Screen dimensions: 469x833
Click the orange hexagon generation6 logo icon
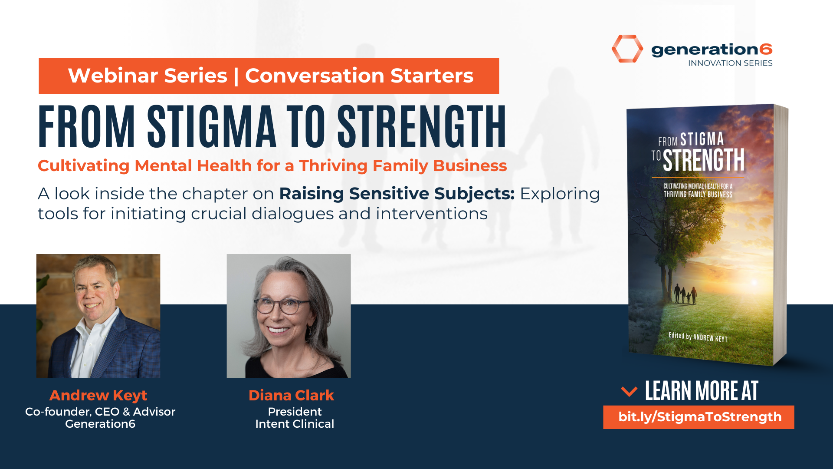627,49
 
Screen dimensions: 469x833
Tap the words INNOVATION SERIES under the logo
730,63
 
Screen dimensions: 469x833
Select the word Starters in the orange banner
432,76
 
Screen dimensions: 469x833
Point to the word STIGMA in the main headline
212,126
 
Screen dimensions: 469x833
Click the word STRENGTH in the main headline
422,126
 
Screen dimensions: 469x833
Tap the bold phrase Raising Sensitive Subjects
397,194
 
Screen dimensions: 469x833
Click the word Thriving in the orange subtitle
333,166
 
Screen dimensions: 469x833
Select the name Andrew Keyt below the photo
98,395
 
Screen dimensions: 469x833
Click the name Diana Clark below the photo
291,395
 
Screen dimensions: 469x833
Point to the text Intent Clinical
295,424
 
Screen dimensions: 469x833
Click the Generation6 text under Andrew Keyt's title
100,424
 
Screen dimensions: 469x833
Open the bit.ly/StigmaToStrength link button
699,417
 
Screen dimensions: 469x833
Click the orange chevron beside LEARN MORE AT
629,391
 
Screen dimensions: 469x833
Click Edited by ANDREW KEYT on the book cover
698,337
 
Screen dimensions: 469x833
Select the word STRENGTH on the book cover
703,160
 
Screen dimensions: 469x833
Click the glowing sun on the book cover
754,282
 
